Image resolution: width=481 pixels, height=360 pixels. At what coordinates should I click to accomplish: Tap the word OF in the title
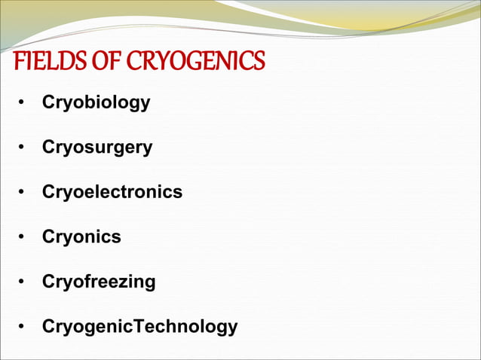coord(89,61)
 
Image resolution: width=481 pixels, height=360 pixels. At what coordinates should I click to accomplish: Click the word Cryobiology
coord(96,102)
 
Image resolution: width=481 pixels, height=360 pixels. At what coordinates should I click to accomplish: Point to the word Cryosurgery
coord(97,148)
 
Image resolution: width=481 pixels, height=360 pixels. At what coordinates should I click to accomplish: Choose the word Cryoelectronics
coord(112,192)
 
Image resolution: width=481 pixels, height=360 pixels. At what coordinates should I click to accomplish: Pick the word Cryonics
coord(81,237)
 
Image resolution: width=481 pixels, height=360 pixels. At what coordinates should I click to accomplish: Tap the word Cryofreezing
coord(99,282)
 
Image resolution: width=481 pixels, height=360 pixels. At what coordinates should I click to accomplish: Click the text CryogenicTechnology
coord(139,328)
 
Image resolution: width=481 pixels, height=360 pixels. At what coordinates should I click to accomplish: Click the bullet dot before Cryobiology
coord(24,103)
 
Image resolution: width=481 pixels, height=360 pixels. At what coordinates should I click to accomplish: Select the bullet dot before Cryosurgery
coord(24,148)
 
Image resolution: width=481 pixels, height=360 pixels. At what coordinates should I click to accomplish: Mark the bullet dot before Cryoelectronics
coord(24,193)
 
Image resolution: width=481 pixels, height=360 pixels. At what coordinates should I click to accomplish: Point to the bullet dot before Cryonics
coord(24,238)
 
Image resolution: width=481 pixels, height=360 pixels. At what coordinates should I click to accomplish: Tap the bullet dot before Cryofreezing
coord(24,283)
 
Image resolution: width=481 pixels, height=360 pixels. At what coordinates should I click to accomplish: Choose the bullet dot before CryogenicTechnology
coord(24,328)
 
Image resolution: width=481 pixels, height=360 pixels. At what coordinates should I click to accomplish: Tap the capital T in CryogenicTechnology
coord(138,327)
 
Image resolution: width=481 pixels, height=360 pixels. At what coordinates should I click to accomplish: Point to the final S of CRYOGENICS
coord(259,61)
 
